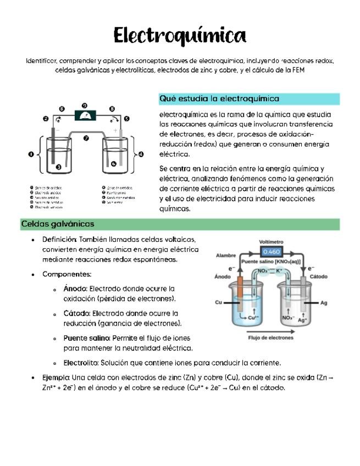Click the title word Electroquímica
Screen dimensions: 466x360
click(180, 36)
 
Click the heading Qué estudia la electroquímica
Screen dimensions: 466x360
click(219, 99)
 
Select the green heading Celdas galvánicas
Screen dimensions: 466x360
click(58, 224)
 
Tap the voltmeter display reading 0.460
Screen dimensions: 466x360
click(271, 252)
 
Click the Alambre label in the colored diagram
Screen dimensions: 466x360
click(226, 256)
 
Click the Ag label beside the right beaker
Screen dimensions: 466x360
click(324, 303)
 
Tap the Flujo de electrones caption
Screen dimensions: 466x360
click(270, 338)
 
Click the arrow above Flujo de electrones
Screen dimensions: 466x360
click(270, 331)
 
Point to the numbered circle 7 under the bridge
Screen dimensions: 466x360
click(86, 138)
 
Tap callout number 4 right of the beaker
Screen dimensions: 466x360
click(142, 154)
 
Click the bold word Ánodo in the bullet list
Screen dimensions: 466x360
click(75, 289)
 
